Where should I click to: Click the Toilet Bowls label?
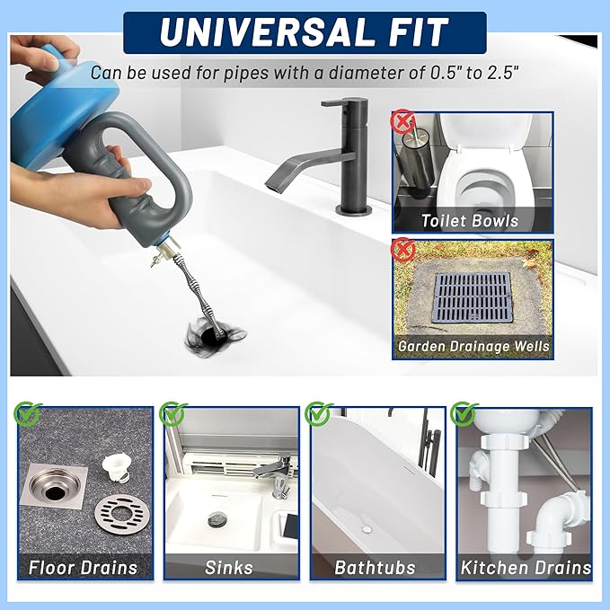pyautogui.click(x=471, y=220)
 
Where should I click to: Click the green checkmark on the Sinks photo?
pyautogui.click(x=171, y=414)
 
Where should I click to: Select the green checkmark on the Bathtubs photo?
pyautogui.click(x=318, y=414)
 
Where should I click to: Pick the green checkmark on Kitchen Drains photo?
pyautogui.click(x=464, y=414)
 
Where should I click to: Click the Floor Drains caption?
pyautogui.click(x=84, y=567)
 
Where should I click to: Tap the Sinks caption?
pyautogui.click(x=230, y=567)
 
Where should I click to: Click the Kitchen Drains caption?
pyautogui.click(x=526, y=567)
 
